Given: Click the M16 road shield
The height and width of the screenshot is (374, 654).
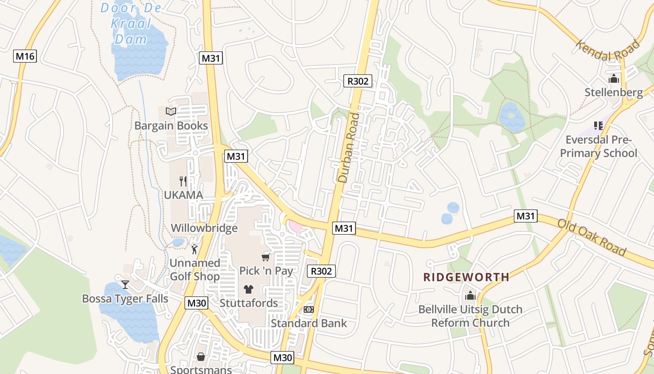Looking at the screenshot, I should click(25, 57).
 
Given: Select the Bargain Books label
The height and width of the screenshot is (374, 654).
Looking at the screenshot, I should click(171, 126).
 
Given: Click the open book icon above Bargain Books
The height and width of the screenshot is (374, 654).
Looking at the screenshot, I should click(171, 111).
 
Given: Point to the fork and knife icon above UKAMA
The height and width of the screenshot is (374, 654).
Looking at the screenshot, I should click(183, 181).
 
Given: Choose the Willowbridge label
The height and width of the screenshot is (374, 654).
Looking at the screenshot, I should click(204, 228).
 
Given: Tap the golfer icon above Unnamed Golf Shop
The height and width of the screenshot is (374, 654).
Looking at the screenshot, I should click(194, 249).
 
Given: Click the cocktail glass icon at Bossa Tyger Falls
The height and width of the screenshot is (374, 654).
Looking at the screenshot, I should click(125, 284).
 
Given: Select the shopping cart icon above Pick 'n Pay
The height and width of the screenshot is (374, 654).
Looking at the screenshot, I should click(266, 257).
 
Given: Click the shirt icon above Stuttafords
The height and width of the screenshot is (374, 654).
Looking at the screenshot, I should click(249, 289).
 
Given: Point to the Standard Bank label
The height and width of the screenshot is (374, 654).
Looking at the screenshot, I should click(309, 323).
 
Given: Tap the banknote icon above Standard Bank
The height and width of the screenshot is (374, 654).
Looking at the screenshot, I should click(308, 309).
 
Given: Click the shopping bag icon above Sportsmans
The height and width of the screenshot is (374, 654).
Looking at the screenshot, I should click(201, 357).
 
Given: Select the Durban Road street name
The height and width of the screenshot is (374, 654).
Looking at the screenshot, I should click(349, 147).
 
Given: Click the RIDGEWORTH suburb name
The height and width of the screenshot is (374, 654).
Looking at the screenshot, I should click(466, 277).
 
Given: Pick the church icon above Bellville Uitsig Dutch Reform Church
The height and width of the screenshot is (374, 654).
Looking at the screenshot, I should click(470, 295).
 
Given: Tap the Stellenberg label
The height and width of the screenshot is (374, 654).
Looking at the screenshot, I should click(613, 93).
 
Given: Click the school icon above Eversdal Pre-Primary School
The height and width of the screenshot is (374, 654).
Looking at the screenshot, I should click(598, 125).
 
